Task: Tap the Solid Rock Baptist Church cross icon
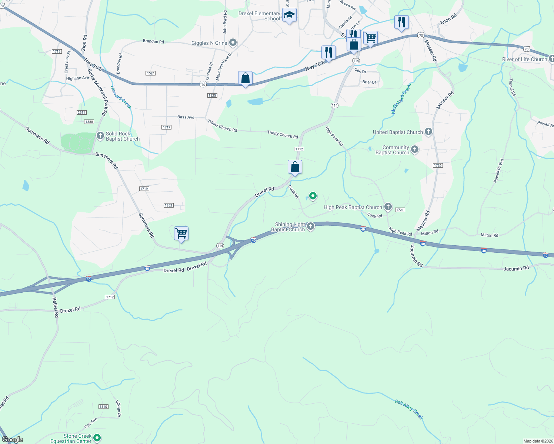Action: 100,136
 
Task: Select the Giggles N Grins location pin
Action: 233,43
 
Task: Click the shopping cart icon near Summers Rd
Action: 181,233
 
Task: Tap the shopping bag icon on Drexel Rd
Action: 295,167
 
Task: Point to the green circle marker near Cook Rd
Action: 313,196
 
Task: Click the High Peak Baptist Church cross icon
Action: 388,207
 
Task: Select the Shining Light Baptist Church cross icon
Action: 311,226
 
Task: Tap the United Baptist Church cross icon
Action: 428,132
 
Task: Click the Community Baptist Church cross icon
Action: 415,149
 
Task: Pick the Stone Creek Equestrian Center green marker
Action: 97,438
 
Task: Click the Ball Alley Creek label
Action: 408,409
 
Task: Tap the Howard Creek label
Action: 121,97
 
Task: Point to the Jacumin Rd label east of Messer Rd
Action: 516,269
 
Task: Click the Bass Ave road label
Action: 186,117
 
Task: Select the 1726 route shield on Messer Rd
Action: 438,165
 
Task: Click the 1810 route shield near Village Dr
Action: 103,407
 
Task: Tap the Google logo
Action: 13,440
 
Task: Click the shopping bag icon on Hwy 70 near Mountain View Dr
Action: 245,78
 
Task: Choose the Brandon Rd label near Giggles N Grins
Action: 153,41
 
